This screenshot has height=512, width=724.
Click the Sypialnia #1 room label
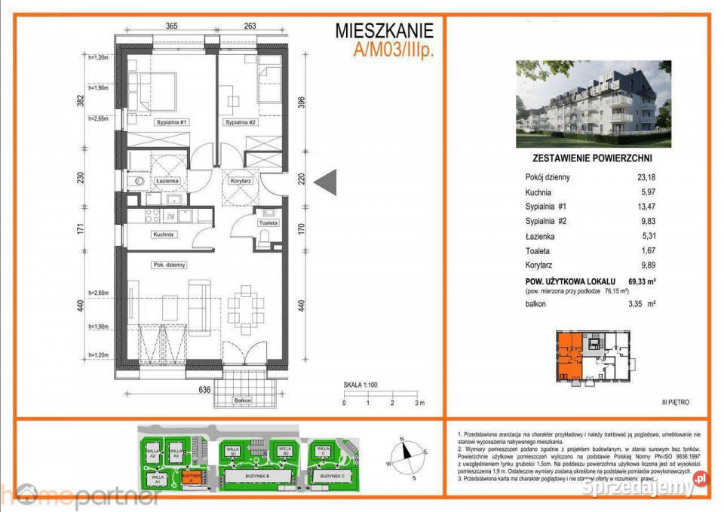[x=170, y=121]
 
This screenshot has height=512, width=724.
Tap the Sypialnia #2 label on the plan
[x=240, y=121]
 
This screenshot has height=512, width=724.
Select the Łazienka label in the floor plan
[x=167, y=182]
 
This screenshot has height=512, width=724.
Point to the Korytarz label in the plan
[x=241, y=182]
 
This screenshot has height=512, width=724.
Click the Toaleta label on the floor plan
[x=268, y=223]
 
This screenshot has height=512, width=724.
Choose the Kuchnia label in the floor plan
[x=164, y=235]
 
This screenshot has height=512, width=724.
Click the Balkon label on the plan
[x=242, y=400]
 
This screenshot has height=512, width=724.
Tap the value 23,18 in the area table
[x=643, y=177]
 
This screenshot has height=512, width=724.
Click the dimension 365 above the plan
[x=171, y=26]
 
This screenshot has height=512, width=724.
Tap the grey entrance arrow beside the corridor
[x=325, y=182]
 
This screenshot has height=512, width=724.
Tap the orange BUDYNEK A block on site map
[x=192, y=477]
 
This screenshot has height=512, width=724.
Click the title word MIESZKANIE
[x=385, y=31]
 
